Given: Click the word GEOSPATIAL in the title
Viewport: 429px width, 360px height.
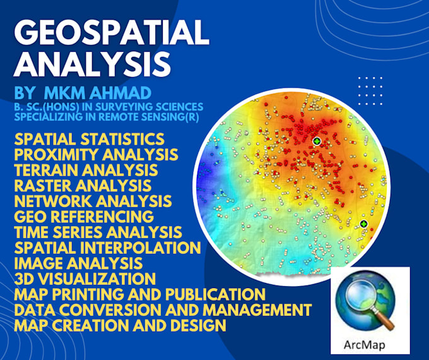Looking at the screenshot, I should coord(110,31).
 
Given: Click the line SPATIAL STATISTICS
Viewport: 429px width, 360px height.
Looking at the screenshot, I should coord(89,139).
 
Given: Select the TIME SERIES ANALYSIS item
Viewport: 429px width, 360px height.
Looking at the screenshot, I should coord(98,232).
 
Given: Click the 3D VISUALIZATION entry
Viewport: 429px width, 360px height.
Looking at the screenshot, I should coord(84,279).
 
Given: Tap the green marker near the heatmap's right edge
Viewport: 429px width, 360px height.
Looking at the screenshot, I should coord(364,224).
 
